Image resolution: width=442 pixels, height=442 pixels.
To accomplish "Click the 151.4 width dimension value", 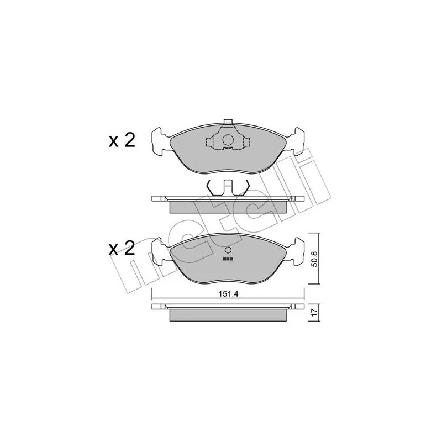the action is coord(228,294).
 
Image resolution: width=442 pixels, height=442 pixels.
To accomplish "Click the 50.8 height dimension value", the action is coord(314,259).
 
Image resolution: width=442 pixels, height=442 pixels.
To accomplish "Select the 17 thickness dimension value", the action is coord(314,312).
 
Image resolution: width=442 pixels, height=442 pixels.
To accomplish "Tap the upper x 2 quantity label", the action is coord(122,141).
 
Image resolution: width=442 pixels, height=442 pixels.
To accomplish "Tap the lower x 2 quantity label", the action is coord(122,249).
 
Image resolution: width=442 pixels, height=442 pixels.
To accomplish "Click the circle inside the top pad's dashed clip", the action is coord(228,140).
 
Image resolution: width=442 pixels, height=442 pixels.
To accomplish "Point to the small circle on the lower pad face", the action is coord(228,250).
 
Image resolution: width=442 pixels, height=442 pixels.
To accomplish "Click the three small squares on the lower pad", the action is coord(228,259).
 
